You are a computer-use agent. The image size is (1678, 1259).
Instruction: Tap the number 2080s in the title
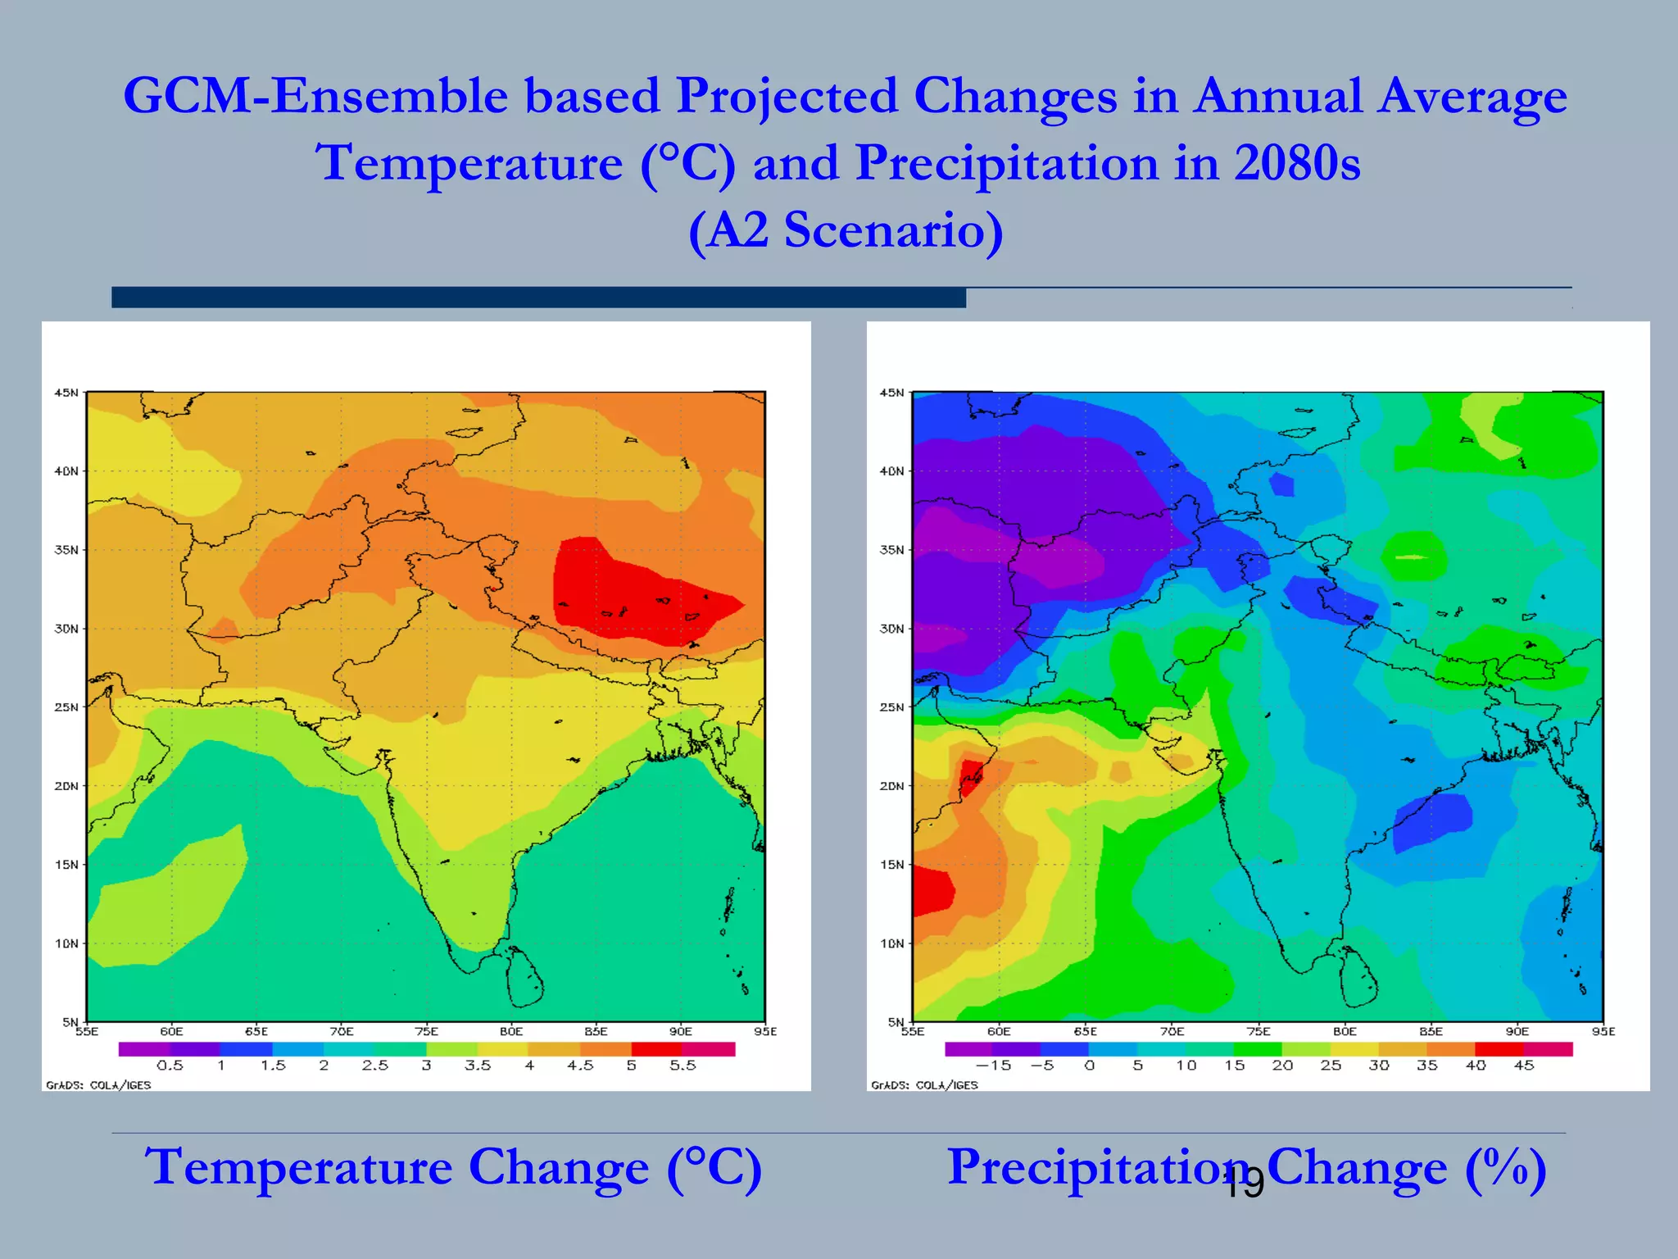point(1297,163)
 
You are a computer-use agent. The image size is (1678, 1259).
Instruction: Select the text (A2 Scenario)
point(846,230)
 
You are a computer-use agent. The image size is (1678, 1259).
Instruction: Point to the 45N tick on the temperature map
point(66,393)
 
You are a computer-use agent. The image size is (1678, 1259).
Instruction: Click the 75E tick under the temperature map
point(426,1031)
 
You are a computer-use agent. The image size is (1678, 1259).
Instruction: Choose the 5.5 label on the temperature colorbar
point(683,1066)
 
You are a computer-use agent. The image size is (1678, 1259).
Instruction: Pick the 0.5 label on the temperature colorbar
point(170,1066)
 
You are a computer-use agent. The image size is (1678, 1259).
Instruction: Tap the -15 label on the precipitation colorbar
point(993,1066)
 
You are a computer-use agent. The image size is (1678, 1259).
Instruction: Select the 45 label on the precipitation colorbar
point(1524,1066)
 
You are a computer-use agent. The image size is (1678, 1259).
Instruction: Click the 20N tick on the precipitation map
point(891,786)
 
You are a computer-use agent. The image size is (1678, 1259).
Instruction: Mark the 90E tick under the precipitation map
point(1517,1031)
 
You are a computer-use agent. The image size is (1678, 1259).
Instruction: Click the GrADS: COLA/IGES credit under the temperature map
point(98,1085)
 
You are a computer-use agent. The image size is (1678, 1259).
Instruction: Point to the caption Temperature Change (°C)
point(453,1167)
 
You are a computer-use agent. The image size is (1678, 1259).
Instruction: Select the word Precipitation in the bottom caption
point(1098,1167)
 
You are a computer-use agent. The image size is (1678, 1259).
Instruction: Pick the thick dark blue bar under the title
point(538,298)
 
